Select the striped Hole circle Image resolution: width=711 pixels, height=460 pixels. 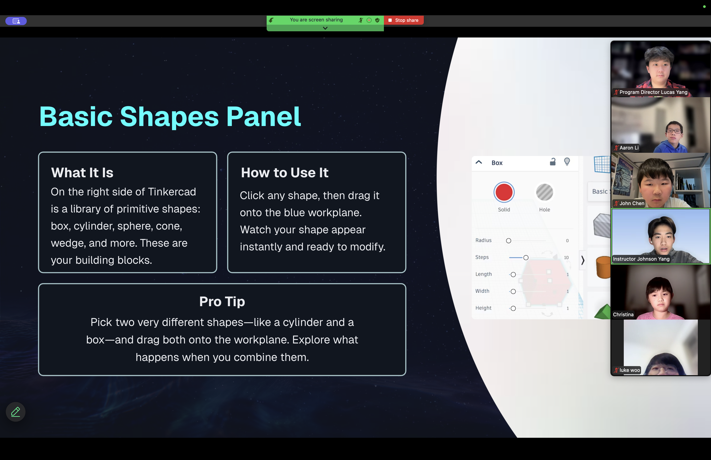point(545,192)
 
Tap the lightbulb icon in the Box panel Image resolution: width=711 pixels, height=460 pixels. point(567,162)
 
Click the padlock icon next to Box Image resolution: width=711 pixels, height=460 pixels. point(553,162)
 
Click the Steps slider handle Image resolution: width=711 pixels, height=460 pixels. point(526,257)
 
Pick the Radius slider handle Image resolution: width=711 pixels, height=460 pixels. point(508,241)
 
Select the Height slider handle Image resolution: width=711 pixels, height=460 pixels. point(513,308)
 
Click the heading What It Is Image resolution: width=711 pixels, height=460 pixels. point(82,173)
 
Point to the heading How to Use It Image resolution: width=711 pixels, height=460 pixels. point(285,173)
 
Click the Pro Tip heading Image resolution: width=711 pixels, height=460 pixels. point(222,302)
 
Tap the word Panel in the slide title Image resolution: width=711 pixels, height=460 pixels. point(264,117)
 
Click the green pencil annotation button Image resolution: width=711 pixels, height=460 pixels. point(15,412)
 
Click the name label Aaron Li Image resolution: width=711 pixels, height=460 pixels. point(629,148)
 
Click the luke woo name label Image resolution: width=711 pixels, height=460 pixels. point(630,370)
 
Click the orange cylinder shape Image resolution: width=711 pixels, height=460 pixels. point(603,267)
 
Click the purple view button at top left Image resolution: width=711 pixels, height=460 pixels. point(16,21)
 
